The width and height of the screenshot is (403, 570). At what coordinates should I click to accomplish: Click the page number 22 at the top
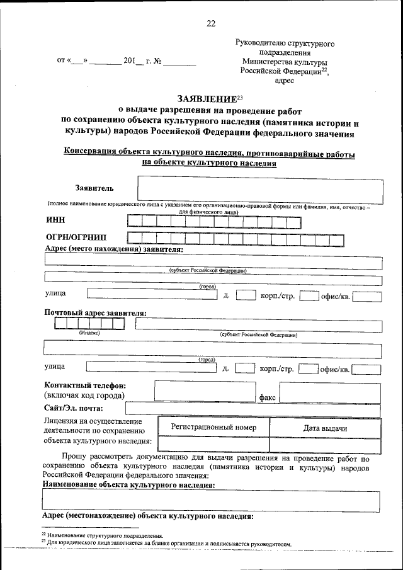tap(210, 23)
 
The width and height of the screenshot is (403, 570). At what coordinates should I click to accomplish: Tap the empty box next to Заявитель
tap(259, 188)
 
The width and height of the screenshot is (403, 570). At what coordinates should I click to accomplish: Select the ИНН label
tap(55, 220)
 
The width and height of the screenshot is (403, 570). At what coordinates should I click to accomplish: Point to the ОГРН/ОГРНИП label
tap(76, 237)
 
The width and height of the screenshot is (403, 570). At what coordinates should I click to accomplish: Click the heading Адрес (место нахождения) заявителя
tap(114, 249)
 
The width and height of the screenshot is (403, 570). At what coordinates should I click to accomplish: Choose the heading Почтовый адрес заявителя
tap(95, 313)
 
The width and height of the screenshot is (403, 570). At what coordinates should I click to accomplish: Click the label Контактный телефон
tap(85, 385)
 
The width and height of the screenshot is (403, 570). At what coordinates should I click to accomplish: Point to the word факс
tap(267, 398)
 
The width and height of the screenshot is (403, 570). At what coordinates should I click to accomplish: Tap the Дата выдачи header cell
tap(325, 428)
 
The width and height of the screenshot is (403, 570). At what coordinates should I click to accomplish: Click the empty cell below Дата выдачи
tap(325, 445)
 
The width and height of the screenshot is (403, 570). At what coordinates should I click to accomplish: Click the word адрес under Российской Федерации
tap(285, 81)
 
